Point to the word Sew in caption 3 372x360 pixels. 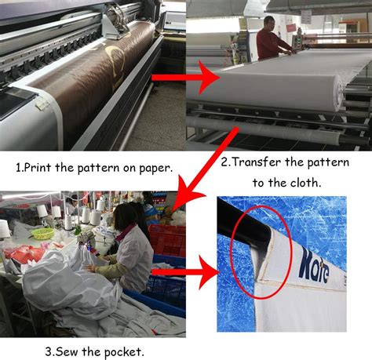pos(67,351)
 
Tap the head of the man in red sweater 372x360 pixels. pos(269,24)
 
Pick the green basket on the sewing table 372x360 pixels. pos(42,233)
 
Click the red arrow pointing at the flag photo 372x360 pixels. pos(185,272)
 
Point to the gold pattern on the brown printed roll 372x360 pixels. pos(115,67)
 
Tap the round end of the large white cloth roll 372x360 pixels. pos(340,92)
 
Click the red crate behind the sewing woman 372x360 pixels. pos(167,240)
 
